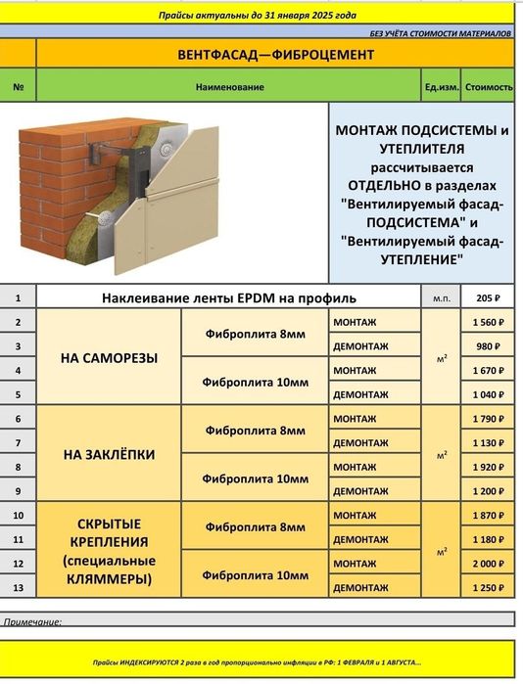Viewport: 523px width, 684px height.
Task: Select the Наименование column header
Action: coord(229,87)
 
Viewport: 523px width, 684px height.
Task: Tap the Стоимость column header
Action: coord(489,87)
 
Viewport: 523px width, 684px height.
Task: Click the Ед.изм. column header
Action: coord(441,87)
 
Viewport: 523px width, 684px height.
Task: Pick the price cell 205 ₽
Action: coord(488,297)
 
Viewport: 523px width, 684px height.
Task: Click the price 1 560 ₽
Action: coord(488,322)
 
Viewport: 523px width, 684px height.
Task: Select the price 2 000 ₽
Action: coord(488,564)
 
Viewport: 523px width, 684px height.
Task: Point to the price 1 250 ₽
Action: coord(488,588)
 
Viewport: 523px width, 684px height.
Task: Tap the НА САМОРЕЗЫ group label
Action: coord(110,358)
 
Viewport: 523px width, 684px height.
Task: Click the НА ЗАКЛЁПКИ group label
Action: coord(110,455)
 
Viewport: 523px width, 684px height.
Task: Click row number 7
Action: coord(19,442)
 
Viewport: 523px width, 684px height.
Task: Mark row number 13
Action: coord(19,588)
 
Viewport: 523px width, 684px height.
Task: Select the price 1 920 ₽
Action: coord(488,467)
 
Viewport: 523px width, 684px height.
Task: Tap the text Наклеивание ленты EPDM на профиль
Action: coord(229,297)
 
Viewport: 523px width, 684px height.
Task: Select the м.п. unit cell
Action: coord(441,297)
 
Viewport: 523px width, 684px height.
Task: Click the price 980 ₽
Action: coord(488,346)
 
